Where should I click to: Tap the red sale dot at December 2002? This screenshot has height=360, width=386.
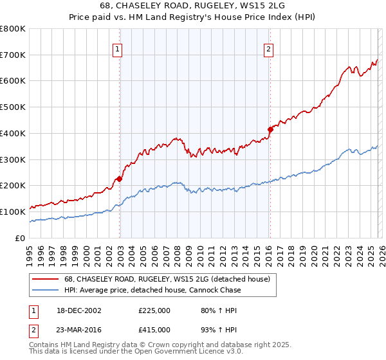tap(120, 179)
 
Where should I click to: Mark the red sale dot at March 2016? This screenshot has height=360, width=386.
tap(271, 129)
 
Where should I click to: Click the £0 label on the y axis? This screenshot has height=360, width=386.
tap(19, 238)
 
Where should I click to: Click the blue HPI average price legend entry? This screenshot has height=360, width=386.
tap(152, 290)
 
